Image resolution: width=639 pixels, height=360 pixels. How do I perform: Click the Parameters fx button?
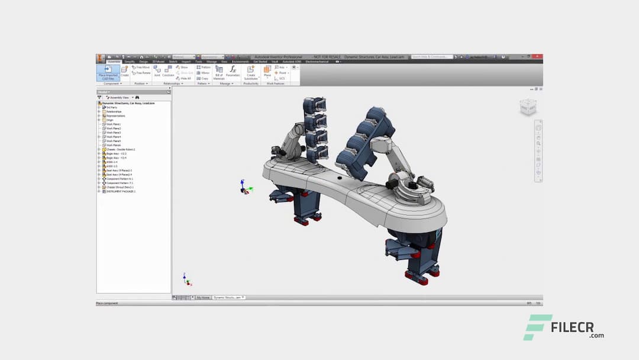pyautogui.click(x=233, y=72)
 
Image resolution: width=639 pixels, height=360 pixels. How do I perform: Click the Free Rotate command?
pyautogui.click(x=141, y=73)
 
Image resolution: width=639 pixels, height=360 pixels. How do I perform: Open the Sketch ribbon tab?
pyautogui.click(x=173, y=62)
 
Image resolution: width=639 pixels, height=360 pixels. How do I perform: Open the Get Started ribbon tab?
pyautogui.click(x=260, y=62)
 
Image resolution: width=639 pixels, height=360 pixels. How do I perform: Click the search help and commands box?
pyautogui.click(x=432, y=57)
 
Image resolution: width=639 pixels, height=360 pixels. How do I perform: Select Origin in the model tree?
pyautogui.click(x=109, y=120)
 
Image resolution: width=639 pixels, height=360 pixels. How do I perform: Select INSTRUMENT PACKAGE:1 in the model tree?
pyautogui.click(x=121, y=191)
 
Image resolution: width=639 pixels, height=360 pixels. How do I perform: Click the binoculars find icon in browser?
pyautogui.click(x=137, y=97)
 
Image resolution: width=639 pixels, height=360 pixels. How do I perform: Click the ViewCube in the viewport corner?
pyautogui.click(x=528, y=107)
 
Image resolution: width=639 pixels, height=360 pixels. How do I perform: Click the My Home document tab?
pyautogui.click(x=203, y=297)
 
